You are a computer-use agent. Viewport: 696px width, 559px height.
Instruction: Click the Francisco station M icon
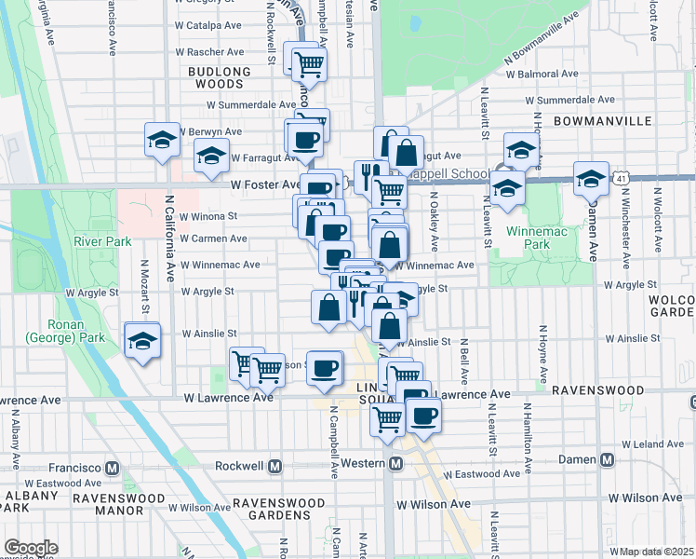click(112, 467)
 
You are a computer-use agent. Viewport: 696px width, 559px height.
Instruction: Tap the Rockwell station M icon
click(275, 465)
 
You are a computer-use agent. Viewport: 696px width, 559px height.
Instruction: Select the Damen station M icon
click(608, 459)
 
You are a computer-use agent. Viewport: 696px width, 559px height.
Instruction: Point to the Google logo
click(31, 548)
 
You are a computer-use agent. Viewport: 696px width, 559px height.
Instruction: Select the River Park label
click(102, 242)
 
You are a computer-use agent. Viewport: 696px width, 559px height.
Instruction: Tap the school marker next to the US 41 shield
click(591, 177)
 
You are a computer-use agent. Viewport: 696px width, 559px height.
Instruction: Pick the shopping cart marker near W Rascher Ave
click(309, 64)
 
